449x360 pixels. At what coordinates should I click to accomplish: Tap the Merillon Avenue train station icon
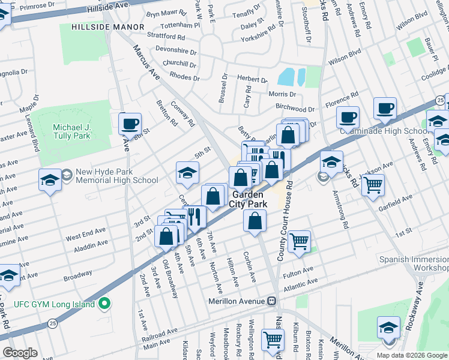(271, 301)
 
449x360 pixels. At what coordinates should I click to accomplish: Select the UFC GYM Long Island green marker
(104, 304)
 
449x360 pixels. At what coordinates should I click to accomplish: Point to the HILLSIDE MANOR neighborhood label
(107, 27)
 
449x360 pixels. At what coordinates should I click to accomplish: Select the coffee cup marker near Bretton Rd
(130, 124)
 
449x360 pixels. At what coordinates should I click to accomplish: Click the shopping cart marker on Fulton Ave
(298, 241)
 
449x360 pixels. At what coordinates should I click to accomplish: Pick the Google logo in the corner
(20, 353)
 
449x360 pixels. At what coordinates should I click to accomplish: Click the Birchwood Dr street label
(295, 109)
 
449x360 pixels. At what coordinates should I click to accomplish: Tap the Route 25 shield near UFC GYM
(52, 324)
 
